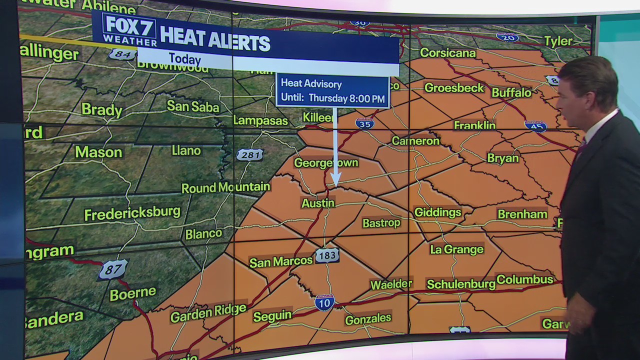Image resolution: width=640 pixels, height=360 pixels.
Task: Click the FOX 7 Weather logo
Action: pyautogui.click(x=129, y=29)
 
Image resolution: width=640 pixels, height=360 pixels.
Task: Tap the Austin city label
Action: pyautogui.click(x=317, y=203)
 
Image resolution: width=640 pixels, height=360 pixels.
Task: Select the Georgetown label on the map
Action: pyautogui.click(x=326, y=163)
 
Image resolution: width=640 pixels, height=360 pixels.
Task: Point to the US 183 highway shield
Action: pyautogui.click(x=327, y=255)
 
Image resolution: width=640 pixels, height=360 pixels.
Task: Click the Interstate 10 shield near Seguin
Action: pyautogui.click(x=324, y=302)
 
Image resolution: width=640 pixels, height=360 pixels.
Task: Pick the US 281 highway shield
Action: pyautogui.click(x=249, y=155)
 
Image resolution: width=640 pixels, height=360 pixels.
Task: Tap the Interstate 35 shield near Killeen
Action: pyautogui.click(x=364, y=123)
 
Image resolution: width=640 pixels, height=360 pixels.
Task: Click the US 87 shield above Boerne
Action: pyautogui.click(x=113, y=270)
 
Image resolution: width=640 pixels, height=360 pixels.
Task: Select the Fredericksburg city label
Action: pyautogui.click(x=132, y=213)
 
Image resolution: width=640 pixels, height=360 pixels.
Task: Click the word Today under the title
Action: pyautogui.click(x=184, y=59)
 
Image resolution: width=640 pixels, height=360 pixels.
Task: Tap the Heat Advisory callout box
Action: pyautogui.click(x=332, y=91)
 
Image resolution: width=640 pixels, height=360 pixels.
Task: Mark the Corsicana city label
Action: pyautogui.click(x=447, y=52)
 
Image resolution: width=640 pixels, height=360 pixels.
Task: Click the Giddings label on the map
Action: pyautogui.click(x=437, y=212)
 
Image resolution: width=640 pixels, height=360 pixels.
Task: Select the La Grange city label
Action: pyautogui.click(x=456, y=249)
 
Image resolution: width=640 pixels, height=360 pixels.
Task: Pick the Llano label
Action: pyautogui.click(x=186, y=150)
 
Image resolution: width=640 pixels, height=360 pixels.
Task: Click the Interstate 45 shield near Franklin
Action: pyautogui.click(x=535, y=125)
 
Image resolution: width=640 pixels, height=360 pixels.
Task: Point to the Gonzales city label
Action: pyautogui.click(x=368, y=319)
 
